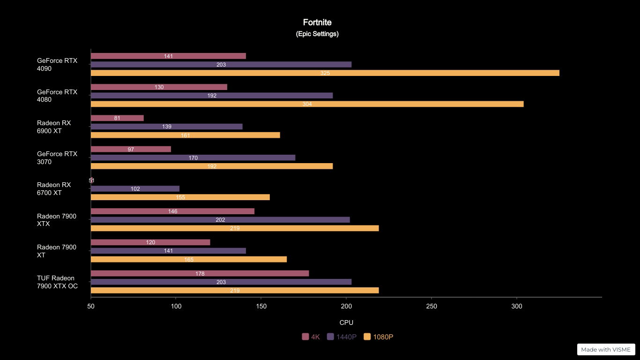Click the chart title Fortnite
tap(317, 22)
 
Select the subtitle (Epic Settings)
tap(317, 34)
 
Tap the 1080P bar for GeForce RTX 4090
tap(325, 73)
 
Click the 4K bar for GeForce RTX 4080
tap(159, 87)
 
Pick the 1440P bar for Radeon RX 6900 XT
tap(166, 127)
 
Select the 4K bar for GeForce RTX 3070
tap(131, 150)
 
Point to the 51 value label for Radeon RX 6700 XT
tap(91, 180)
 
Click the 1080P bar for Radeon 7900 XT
tap(188, 259)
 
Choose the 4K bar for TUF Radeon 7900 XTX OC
tap(200, 273)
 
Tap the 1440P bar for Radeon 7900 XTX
tap(220, 220)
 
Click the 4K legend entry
tap(311, 337)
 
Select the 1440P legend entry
tap(342, 337)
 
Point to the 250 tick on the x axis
tap(432, 306)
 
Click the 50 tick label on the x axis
tap(91, 306)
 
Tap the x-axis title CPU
tap(346, 322)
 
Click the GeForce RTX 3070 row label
tap(57, 158)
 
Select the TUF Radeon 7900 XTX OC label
tap(57, 282)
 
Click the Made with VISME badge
tap(606, 349)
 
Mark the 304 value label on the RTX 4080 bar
tap(307, 104)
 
